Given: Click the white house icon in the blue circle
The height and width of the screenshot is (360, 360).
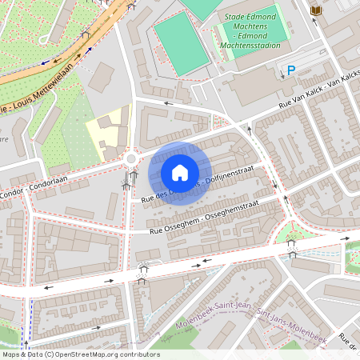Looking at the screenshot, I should [x=180, y=172].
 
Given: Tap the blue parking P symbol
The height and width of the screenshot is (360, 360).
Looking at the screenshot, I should [x=291, y=71].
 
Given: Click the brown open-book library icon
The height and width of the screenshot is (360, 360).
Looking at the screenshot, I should [x=315, y=10].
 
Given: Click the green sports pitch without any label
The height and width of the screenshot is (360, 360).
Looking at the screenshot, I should [x=181, y=45].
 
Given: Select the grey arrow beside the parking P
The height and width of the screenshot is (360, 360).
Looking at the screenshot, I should [x=307, y=71].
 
